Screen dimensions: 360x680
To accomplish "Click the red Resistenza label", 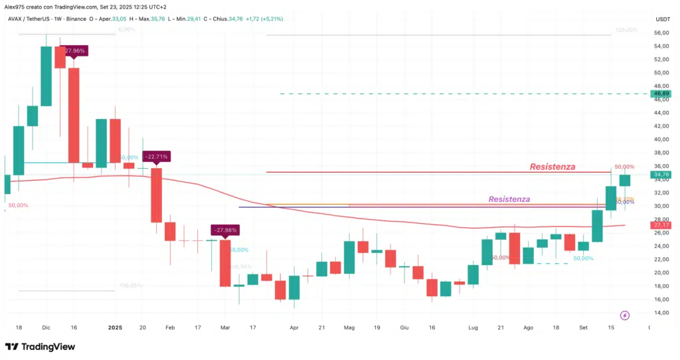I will click(552, 167).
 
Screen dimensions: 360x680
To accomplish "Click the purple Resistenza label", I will click(509, 199).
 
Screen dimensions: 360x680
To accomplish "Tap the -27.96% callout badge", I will click(72, 50).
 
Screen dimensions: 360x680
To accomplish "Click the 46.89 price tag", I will click(661, 94).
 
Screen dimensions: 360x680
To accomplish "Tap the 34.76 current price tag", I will click(661, 175).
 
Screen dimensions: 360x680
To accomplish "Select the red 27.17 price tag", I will click(661, 226).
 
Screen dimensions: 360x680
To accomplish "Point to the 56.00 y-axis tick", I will click(661, 33).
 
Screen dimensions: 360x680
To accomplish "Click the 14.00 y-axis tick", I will click(661, 313).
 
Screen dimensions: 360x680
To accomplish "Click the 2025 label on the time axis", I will click(116, 327).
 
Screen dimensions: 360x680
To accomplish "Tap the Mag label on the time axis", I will click(349, 327).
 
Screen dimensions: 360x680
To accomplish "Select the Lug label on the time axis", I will click(472, 327).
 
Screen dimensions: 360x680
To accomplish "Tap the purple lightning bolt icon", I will click(624, 315).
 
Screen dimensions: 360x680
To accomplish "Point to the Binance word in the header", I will click(76, 19).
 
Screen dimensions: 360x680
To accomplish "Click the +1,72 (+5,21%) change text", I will click(264, 19).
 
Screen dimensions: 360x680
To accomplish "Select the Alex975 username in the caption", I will click(15, 7).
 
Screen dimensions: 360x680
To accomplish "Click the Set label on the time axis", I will click(584, 327).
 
